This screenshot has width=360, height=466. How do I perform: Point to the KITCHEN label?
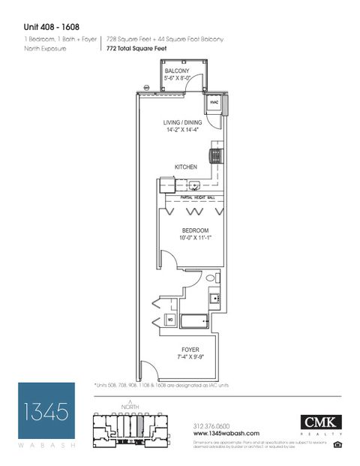click(186, 167)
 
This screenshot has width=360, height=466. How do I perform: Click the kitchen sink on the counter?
click(193, 185)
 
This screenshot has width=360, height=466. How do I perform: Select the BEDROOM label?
click(195, 230)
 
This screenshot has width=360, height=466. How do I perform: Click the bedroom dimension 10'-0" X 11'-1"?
click(195, 238)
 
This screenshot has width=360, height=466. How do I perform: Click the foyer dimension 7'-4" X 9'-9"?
click(190, 357)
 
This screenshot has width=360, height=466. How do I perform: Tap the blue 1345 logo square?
click(46, 411)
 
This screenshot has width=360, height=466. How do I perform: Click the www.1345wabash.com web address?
click(226, 433)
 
